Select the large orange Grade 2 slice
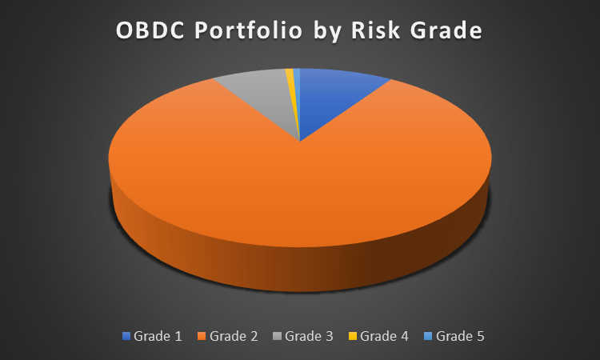pyautogui.click(x=296, y=192)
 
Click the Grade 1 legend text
pyautogui.click(x=158, y=336)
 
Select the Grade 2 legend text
pyautogui.click(x=234, y=336)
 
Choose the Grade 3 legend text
pyautogui.click(x=309, y=336)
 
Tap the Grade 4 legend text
pyautogui.click(x=384, y=336)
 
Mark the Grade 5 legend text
pyautogui.click(x=460, y=336)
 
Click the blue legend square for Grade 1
pyautogui.click(x=126, y=336)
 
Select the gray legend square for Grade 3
pyautogui.click(x=278, y=336)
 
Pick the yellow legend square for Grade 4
pyautogui.click(x=353, y=336)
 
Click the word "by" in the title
pyautogui.click(x=331, y=32)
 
